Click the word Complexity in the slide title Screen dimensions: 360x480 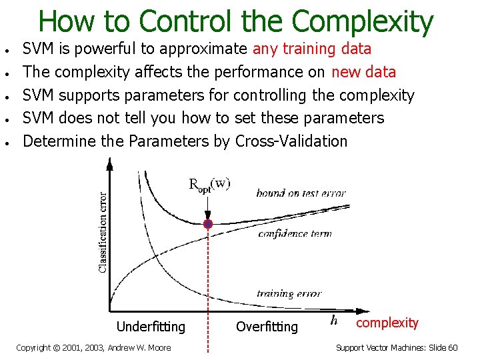tap(363, 21)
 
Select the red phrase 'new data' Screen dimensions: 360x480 tap(364, 72)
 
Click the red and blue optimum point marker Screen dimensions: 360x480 tap(208, 224)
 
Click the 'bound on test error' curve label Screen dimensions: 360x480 tap(301, 193)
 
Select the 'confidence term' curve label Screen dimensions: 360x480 tap(294, 233)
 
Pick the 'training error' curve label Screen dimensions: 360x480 tap(289, 293)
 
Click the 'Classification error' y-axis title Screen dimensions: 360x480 tap(102, 231)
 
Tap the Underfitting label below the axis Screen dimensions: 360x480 tap(151, 327)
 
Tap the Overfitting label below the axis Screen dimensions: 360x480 tap(267, 327)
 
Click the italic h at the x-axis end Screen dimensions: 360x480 tap(333, 321)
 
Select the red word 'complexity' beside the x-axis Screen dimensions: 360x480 tap(387, 323)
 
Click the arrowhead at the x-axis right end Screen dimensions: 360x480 tap(364, 311)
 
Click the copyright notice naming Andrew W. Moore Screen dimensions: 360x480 tap(93, 348)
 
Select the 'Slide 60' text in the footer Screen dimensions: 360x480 tap(443, 348)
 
